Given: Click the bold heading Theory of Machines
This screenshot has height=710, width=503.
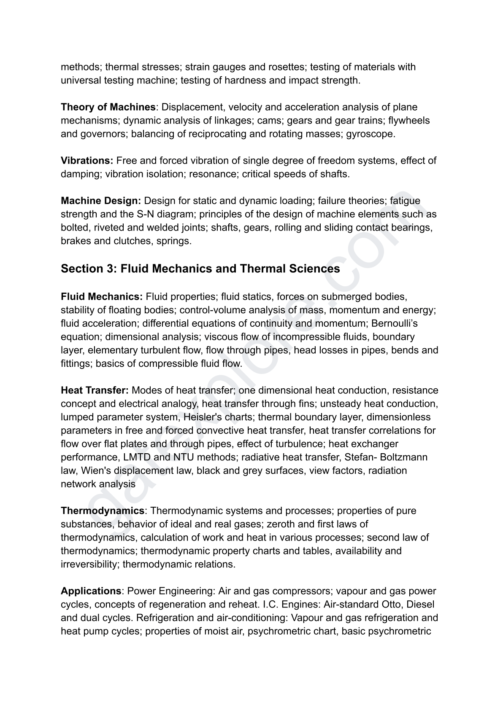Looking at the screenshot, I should click(108, 107).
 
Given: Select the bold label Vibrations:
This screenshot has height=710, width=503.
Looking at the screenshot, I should click(87, 161).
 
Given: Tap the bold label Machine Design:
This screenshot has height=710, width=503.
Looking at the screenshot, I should click(101, 201).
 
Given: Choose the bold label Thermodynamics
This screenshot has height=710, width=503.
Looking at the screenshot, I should click(103, 511).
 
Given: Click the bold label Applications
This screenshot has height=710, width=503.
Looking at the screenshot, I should click(91, 591).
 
